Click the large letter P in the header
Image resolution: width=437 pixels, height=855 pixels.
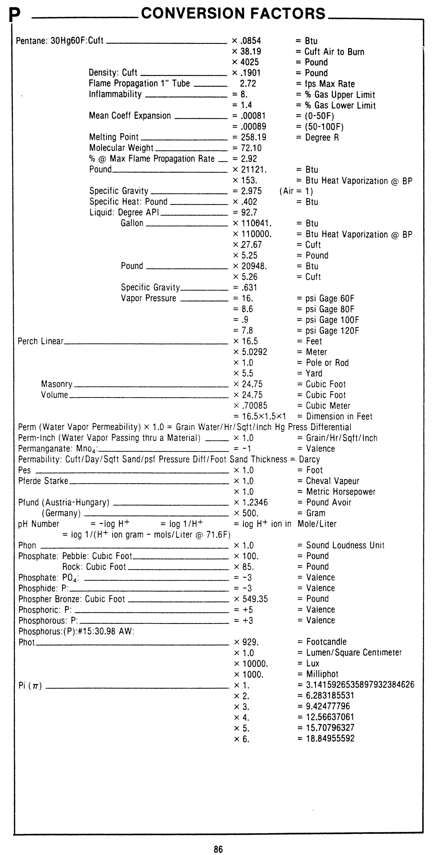coord(15,15)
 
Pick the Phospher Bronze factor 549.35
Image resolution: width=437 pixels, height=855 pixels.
coord(255,599)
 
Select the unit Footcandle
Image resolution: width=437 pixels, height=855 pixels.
coord(326,642)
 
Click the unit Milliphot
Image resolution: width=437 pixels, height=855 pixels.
coord(322,674)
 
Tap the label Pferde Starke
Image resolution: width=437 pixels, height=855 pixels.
coord(43,481)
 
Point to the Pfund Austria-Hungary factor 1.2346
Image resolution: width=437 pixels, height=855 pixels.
coord(254,503)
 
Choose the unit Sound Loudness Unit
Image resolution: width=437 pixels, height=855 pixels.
coord(345,545)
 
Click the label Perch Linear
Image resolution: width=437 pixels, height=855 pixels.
coord(40,341)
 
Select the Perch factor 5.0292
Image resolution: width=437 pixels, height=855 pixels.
coord(254,352)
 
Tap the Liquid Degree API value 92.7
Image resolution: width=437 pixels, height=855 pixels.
coord(249,212)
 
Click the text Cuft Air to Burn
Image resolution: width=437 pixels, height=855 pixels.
coord(334,52)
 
